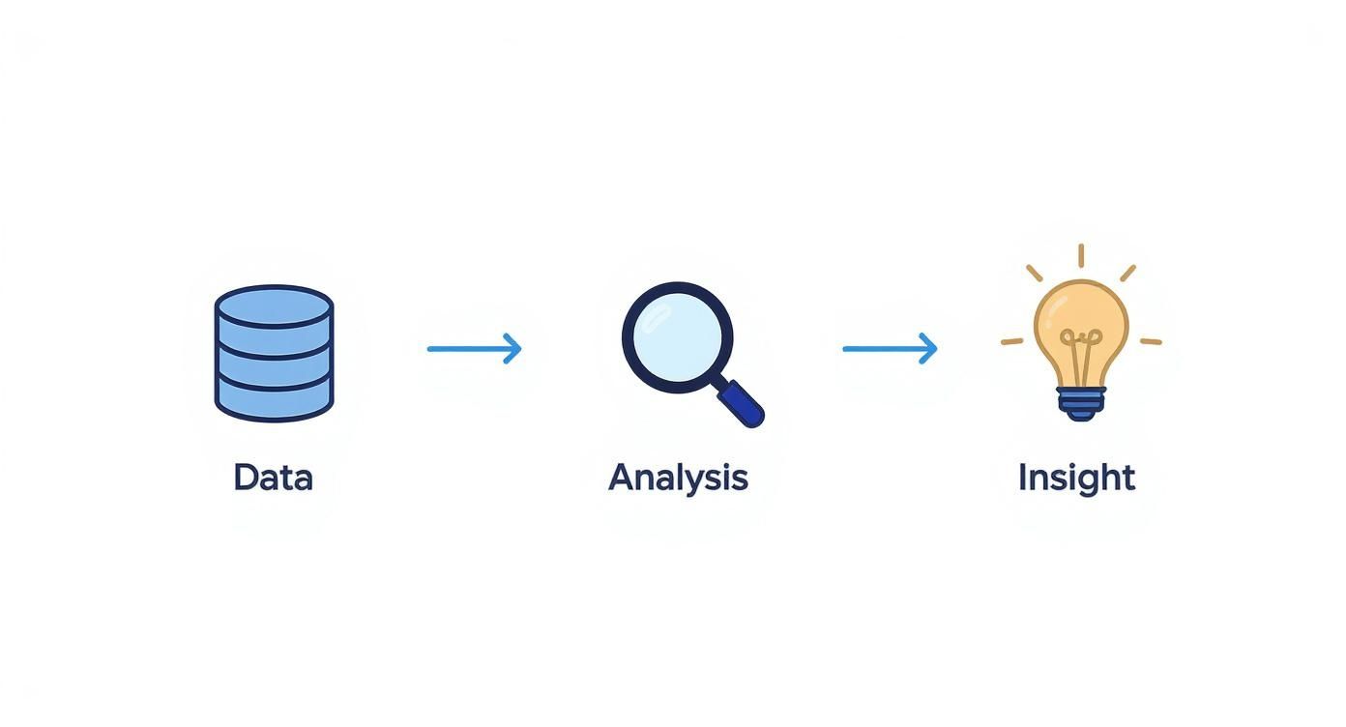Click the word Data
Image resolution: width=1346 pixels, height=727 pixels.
tap(273, 478)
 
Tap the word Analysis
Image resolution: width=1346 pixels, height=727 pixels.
tap(678, 478)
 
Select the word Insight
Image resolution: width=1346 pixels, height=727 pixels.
tap(1076, 478)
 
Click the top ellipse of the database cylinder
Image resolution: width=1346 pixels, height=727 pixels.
tap(274, 305)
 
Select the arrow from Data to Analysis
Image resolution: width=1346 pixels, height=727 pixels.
tap(474, 348)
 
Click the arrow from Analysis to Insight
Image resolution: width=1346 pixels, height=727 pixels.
tap(889, 348)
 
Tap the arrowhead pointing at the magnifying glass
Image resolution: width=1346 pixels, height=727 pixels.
tap(513, 348)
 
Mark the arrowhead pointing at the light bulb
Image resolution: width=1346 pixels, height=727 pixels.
tap(929, 348)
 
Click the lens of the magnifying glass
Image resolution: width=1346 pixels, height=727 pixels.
tap(677, 336)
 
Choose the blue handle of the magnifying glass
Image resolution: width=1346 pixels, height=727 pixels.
tap(742, 402)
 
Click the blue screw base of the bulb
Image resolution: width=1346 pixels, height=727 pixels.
tap(1080, 401)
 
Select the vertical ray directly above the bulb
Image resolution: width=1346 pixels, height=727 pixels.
tap(1080, 255)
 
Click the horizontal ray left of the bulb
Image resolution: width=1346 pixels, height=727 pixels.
tap(1012, 341)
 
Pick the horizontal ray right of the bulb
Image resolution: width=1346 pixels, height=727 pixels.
tap(1150, 341)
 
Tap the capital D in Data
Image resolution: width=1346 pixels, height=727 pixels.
tap(246, 478)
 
